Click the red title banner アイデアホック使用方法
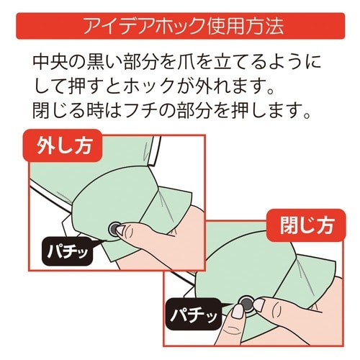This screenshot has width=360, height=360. pyautogui.click(x=180, y=27)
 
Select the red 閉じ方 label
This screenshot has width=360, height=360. pyautogui.click(x=298, y=224)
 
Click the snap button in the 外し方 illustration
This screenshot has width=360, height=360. pyautogui.click(x=114, y=229)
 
